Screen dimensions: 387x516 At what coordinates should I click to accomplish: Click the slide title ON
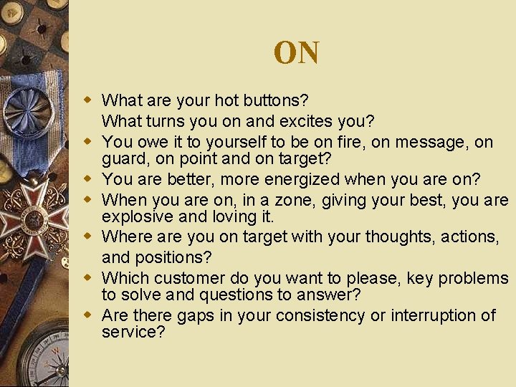point(296,53)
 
